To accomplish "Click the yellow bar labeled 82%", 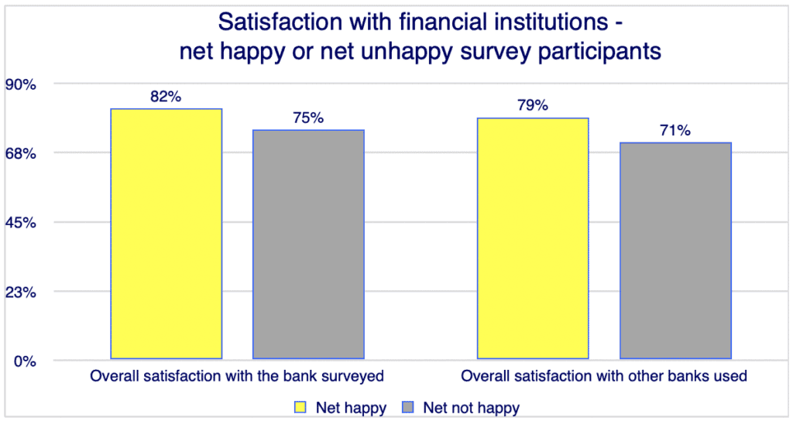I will pyautogui.click(x=166, y=234).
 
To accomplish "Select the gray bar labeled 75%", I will pyautogui.click(x=308, y=245).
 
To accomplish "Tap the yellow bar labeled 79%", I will pyautogui.click(x=533, y=238).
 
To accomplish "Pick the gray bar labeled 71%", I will pyautogui.click(x=675, y=251).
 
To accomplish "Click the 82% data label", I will pyautogui.click(x=166, y=97).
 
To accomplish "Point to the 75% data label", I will pyautogui.click(x=308, y=118).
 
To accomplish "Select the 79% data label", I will pyautogui.click(x=533, y=106).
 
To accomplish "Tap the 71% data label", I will pyautogui.click(x=675, y=131).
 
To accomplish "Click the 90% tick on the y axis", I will pyautogui.click(x=22, y=84).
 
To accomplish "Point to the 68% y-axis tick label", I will pyautogui.click(x=22, y=153).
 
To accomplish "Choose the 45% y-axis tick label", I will pyautogui.click(x=22, y=223).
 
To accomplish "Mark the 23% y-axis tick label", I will pyautogui.click(x=22, y=293).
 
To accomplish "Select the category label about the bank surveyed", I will pyautogui.click(x=237, y=378).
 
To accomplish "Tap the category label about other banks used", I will pyautogui.click(x=603, y=378).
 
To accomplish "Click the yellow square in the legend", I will pyautogui.click(x=298, y=406).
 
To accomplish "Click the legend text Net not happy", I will pyautogui.click(x=470, y=406).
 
